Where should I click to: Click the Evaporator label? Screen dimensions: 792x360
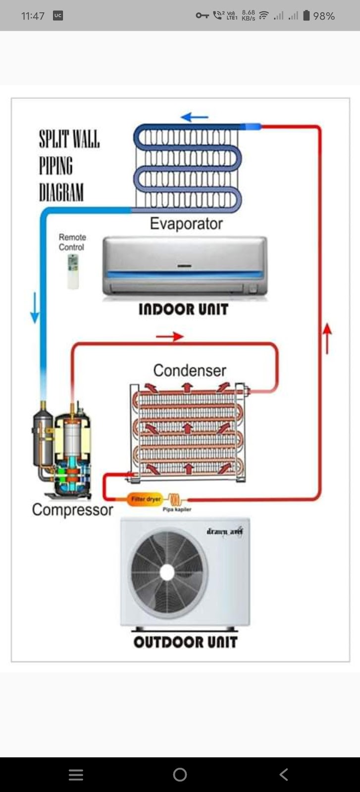186,224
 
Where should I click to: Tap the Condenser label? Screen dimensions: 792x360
189,370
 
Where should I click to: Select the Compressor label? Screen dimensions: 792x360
72,510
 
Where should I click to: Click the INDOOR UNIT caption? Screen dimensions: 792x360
183,309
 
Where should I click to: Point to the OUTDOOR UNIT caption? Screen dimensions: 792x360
185,642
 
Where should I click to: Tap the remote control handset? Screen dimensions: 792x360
73,271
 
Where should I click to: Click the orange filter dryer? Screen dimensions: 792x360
145,499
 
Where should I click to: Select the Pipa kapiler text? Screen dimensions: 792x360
177,509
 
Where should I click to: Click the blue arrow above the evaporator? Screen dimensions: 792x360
194,117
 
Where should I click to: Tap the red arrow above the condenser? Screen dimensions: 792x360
169,337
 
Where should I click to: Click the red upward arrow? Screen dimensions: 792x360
327,338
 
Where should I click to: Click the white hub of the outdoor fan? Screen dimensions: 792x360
167,572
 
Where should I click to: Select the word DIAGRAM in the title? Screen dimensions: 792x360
61,192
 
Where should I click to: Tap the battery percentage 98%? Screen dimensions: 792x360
324,16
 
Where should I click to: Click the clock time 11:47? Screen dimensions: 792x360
33,16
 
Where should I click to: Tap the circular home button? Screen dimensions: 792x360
180,775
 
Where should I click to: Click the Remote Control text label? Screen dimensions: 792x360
72,242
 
